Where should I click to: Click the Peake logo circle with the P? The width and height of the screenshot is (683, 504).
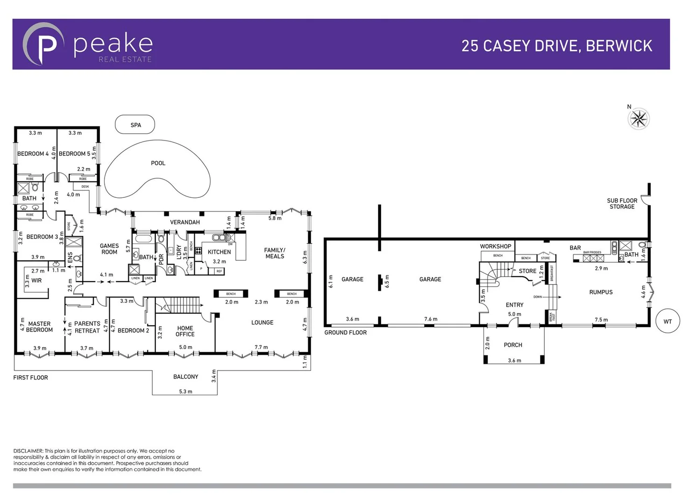click(43, 44)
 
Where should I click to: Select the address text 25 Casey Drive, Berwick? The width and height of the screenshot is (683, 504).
click(556, 46)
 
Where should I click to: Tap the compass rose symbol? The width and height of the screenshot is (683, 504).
click(638, 119)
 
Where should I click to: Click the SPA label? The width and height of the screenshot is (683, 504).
click(135, 125)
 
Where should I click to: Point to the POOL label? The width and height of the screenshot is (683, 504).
click(158, 163)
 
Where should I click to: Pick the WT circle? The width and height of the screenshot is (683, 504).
click(668, 322)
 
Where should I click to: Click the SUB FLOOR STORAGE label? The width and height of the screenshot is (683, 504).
click(622, 203)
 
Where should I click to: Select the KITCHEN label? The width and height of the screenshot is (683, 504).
click(219, 252)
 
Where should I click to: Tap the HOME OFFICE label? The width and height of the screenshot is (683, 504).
click(185, 331)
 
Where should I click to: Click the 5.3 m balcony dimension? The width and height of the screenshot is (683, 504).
click(185, 392)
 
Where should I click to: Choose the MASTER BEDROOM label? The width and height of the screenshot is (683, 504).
click(39, 327)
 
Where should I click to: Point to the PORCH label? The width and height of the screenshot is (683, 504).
click(513, 345)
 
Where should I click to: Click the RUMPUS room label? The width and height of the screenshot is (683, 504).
click(601, 292)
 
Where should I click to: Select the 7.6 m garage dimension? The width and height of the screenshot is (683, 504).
click(430, 319)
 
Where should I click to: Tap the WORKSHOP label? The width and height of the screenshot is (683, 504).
click(495, 246)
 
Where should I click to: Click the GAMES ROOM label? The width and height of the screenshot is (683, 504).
click(109, 249)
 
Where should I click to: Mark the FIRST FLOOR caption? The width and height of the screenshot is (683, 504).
click(30, 378)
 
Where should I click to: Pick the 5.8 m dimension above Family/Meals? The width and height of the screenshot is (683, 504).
click(275, 218)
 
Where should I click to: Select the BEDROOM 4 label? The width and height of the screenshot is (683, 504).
click(33, 154)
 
